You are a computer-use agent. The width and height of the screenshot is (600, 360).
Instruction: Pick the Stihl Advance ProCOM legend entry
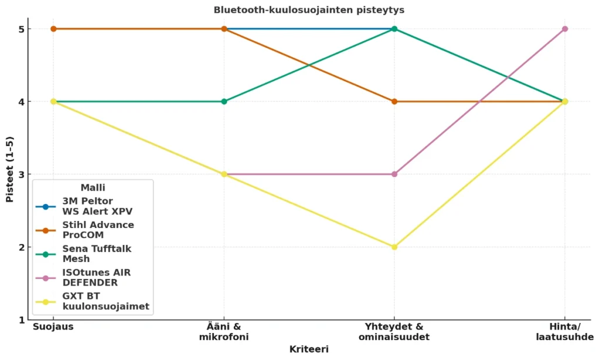(98, 230)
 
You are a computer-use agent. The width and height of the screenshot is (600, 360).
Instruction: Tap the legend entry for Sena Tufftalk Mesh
(97, 253)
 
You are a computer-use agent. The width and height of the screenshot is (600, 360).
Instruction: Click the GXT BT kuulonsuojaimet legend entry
(105, 301)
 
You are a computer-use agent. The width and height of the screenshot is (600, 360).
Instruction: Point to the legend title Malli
(93, 188)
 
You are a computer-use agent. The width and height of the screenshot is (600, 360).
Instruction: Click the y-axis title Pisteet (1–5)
(10, 169)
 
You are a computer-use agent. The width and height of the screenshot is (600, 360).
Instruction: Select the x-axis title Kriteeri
(309, 349)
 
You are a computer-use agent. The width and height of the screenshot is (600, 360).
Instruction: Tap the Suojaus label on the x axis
(53, 327)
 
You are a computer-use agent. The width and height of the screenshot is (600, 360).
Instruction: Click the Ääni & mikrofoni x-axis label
(224, 332)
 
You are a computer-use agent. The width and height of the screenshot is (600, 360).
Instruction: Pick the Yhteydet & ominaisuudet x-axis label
(394, 332)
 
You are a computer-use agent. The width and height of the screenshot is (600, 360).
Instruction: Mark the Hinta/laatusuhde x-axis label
(565, 332)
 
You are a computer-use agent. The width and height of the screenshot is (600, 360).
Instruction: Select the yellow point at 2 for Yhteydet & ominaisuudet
(394, 247)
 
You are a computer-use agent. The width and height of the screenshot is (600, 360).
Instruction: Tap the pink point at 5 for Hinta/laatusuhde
(565, 29)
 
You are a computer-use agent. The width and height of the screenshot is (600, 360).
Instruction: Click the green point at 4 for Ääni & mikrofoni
(224, 101)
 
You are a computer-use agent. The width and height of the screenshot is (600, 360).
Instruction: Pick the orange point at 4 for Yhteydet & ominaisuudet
(394, 101)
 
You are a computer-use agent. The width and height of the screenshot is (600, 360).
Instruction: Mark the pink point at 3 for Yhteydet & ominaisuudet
(394, 174)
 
